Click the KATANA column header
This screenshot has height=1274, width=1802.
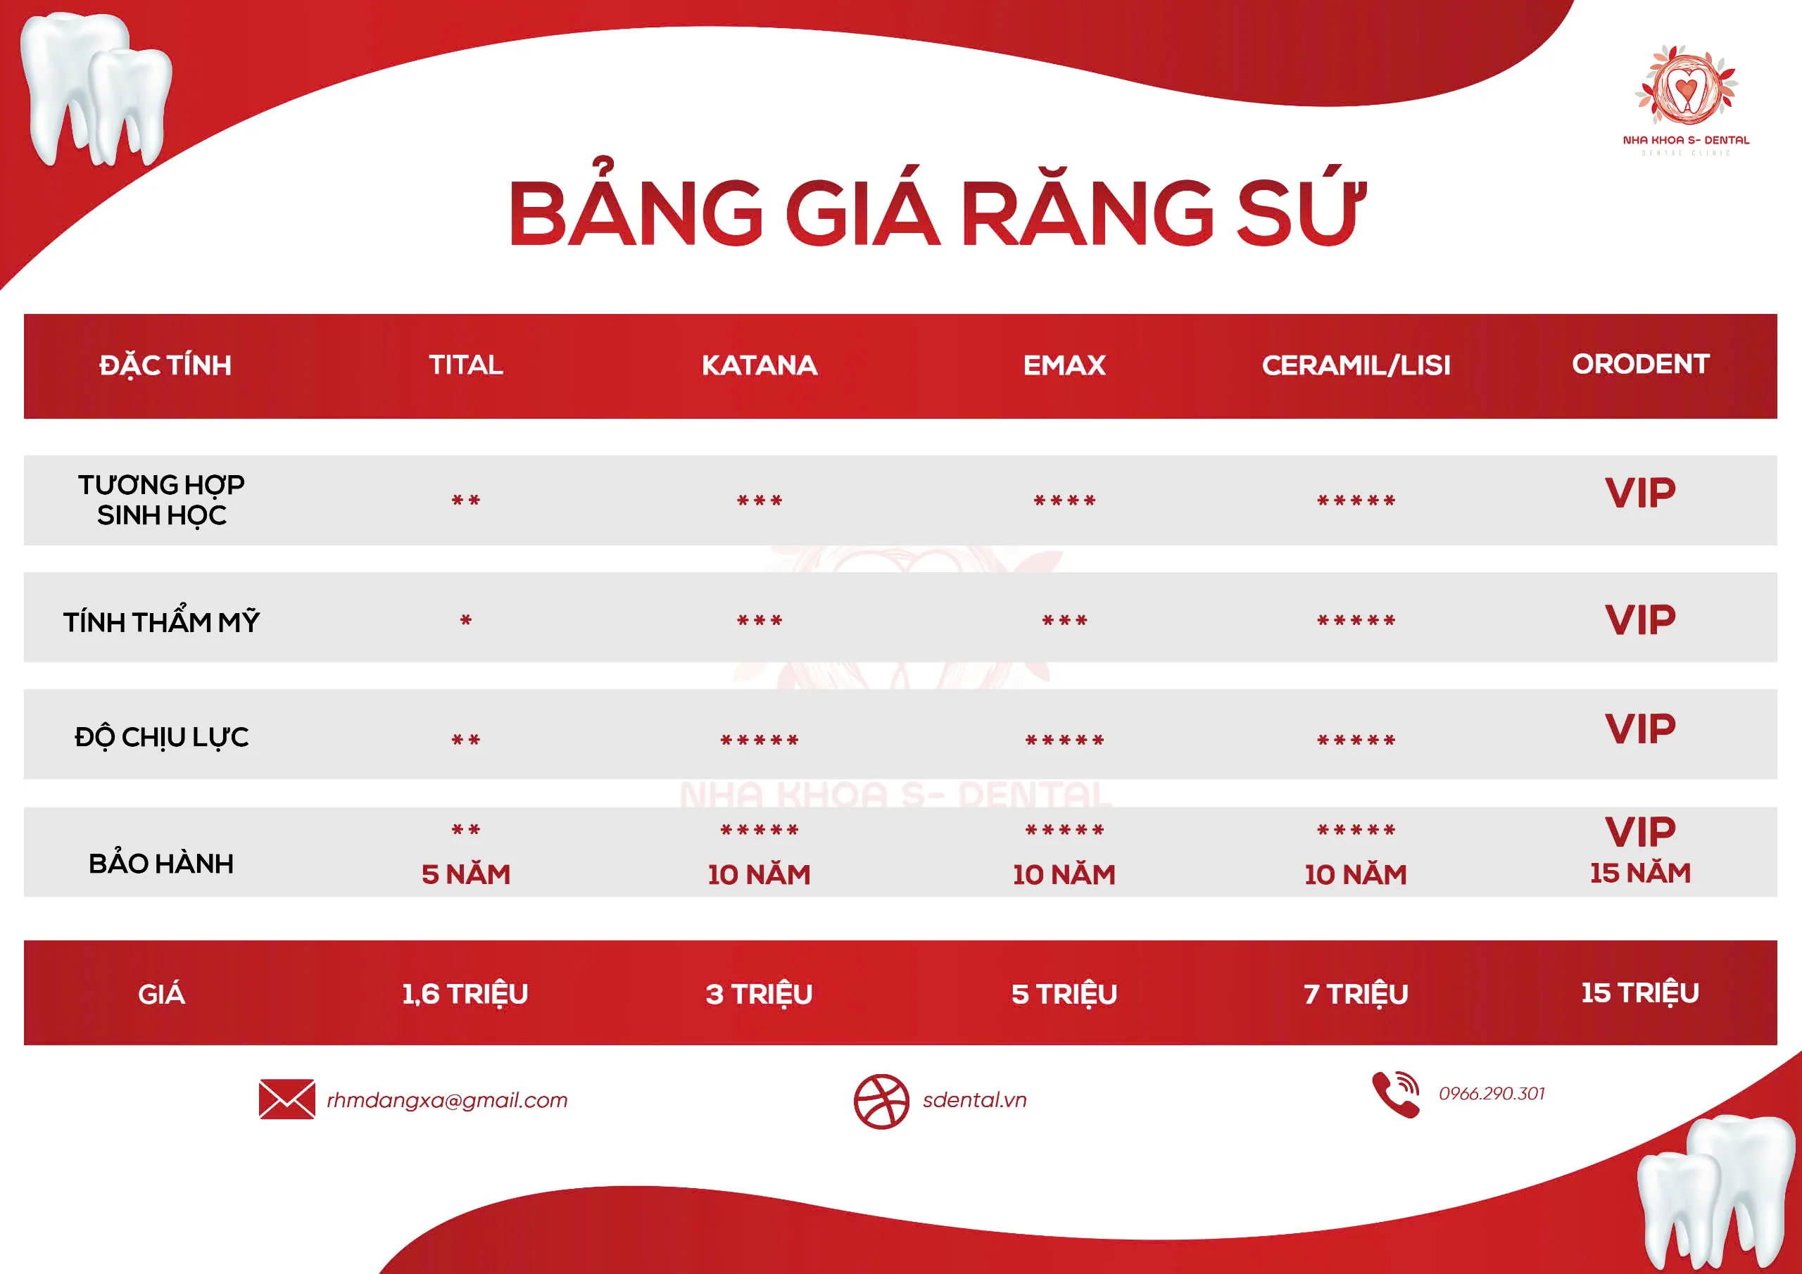[759, 365]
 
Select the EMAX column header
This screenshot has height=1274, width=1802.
[1064, 365]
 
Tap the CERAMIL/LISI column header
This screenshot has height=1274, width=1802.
[1356, 365]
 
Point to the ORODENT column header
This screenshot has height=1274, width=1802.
[1640, 364]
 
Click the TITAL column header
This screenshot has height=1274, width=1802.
[465, 365]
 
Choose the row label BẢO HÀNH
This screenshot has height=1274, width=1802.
[161, 864]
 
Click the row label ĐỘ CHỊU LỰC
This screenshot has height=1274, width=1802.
[161, 737]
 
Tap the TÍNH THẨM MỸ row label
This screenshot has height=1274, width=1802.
[161, 622]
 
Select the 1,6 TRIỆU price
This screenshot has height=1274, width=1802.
[465, 994]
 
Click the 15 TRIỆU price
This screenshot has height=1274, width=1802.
[1640, 993]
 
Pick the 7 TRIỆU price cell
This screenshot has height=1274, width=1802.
[1356, 994]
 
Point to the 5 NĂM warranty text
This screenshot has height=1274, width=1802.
[465, 874]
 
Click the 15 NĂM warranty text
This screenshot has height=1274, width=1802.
[1640, 873]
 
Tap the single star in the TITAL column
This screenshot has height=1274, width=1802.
[465, 621]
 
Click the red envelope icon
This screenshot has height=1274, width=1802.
[286, 1099]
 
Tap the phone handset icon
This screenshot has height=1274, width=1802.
[1394, 1095]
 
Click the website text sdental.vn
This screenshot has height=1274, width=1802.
[974, 1099]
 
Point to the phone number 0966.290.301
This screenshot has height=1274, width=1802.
[1491, 1093]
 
